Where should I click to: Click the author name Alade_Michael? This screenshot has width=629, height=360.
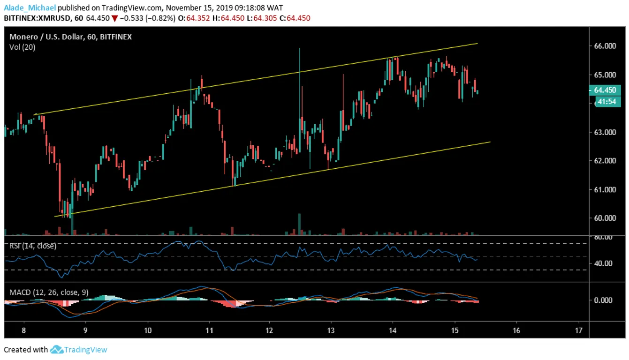(x=30, y=7)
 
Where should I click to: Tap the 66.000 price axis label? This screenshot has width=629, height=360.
(x=605, y=46)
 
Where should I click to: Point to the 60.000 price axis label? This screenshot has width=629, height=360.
(x=605, y=218)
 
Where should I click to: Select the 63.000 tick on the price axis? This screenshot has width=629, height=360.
(x=605, y=132)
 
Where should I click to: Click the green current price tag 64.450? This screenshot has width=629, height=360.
(x=605, y=90)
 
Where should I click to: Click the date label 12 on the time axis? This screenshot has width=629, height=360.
(x=269, y=330)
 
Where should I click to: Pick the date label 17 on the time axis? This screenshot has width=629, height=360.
(x=578, y=330)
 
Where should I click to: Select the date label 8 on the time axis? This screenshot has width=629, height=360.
(x=23, y=330)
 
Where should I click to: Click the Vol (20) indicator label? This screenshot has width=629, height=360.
(x=22, y=47)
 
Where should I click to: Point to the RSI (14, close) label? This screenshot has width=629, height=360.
(x=32, y=246)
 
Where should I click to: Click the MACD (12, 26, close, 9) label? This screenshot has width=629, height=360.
(x=49, y=292)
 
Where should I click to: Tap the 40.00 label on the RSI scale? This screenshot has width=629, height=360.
(x=603, y=263)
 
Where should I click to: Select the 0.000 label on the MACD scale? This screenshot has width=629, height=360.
(x=603, y=300)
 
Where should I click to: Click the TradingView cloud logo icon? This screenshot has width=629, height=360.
(x=56, y=349)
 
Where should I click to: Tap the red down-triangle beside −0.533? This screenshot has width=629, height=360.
(x=114, y=19)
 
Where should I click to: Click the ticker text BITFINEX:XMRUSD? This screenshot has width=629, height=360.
(x=37, y=18)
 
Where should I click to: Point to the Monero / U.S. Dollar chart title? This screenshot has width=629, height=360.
(x=46, y=37)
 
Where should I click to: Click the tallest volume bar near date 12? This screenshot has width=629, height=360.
(x=299, y=224)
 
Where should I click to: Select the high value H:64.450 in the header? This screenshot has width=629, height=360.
(x=228, y=18)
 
